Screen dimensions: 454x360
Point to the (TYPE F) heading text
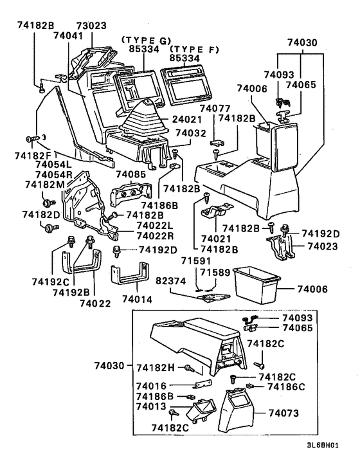(191, 49)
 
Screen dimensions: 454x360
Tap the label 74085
(131, 174)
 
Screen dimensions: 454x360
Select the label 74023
(321, 246)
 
